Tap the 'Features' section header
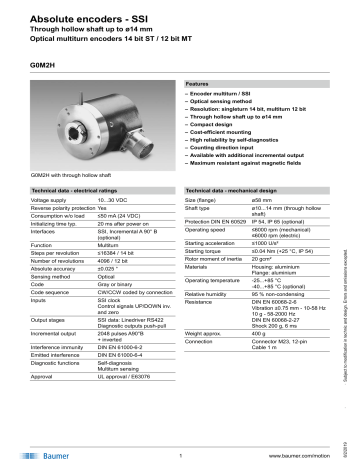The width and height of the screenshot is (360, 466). (x=199, y=85)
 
